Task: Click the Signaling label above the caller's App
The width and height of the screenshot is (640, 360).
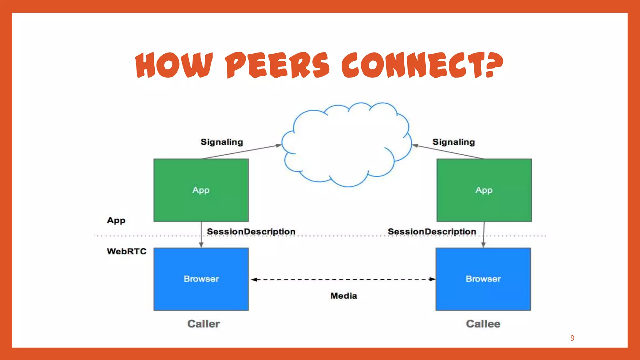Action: coord(222,142)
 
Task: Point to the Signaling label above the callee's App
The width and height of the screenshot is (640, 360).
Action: coord(453,142)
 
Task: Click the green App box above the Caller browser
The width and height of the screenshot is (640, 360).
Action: coord(201,190)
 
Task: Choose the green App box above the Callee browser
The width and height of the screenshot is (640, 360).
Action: coord(484,190)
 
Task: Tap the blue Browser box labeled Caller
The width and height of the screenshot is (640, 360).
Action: coord(201,279)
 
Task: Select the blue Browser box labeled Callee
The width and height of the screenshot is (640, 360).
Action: coord(483,279)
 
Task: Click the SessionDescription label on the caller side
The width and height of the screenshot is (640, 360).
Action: coord(251,232)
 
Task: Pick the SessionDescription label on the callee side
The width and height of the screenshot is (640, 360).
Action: coord(432,232)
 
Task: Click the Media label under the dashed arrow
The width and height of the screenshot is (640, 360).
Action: coord(343,296)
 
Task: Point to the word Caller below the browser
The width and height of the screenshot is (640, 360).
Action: coord(203,324)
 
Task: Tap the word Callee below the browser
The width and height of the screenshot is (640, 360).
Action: coord(483,324)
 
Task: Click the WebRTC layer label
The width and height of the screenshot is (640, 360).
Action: coord(127,251)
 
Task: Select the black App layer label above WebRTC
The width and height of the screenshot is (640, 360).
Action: coord(116,220)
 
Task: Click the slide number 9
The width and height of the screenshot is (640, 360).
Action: coord(572,338)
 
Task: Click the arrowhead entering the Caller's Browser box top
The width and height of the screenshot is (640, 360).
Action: coord(201,245)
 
